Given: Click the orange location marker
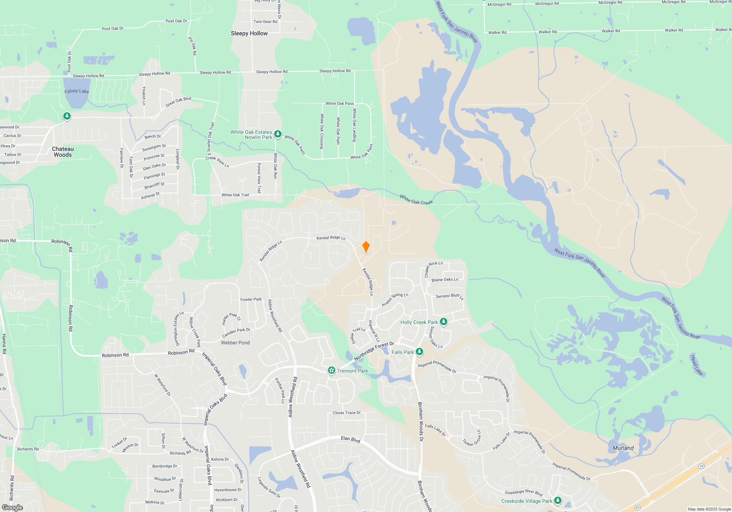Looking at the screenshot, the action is (366, 247).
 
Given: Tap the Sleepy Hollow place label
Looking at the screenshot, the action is (249, 33).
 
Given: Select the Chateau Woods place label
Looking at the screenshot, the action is (63, 152).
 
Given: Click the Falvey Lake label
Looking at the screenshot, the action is (76, 91).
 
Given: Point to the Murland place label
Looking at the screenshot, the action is (623, 448).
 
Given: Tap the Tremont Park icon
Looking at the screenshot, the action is (332, 370).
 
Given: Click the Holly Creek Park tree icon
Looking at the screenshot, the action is (444, 322).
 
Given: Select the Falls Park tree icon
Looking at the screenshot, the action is (419, 352).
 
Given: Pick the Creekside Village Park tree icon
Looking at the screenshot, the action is (558, 500).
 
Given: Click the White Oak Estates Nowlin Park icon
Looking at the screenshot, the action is (278, 134).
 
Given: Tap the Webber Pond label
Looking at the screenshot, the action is (235, 343).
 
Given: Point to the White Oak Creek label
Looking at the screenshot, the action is (416, 200).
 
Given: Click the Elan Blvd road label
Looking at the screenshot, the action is (351, 439).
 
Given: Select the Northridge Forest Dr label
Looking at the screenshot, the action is (374, 351).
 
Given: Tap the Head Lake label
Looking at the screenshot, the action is (696, 365).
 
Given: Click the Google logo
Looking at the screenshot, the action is (12, 507).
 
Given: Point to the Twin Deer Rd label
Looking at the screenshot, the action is (265, 22).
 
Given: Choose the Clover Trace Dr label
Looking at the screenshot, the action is (347, 413).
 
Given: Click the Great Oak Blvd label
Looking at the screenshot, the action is (178, 102).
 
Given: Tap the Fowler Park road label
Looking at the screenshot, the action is (251, 299).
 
